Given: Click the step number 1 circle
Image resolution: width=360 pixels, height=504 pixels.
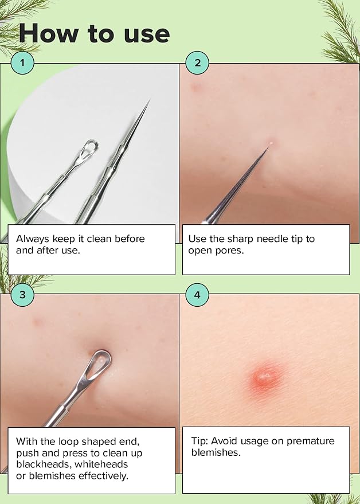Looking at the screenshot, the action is coord(22,62).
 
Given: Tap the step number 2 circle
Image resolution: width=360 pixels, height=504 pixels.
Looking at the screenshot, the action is coord(197,62).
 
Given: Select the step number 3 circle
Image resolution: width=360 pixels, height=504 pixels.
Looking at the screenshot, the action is coord(22,295).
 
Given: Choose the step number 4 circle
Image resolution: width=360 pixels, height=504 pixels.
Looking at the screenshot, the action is coord(197,295).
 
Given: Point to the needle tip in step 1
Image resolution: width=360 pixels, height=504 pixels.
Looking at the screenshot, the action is coord(149,101).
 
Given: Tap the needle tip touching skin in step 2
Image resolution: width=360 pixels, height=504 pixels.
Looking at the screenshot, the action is coord(268,147).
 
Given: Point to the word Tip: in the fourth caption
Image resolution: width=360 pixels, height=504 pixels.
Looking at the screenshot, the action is coord(199,441).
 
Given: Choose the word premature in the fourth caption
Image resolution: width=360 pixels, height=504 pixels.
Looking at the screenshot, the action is coord(311,442).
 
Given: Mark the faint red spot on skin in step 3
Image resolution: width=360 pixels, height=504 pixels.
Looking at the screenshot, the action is coord(38,322).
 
